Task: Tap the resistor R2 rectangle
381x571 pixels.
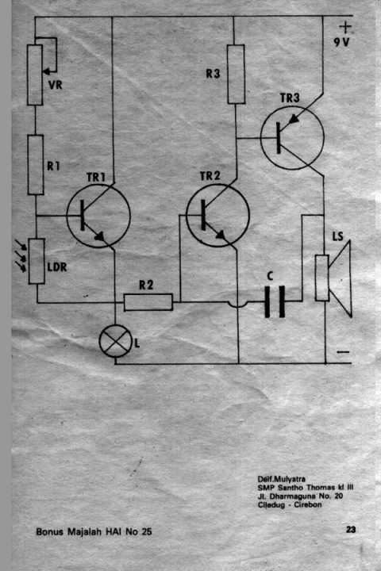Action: pyautogui.click(x=148, y=302)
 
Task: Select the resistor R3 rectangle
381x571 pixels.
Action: pyautogui.click(x=236, y=75)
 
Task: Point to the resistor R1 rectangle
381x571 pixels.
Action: pyautogui.click(x=36, y=165)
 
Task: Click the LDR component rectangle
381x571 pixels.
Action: pyautogui.click(x=37, y=261)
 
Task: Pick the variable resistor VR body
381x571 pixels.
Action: pyautogui.click(x=35, y=75)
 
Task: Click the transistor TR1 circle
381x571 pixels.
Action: pyautogui.click(x=98, y=216)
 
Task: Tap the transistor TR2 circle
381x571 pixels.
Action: pyautogui.click(x=217, y=215)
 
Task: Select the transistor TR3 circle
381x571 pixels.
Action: pyautogui.click(x=292, y=138)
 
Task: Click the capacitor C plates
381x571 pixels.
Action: pyautogui.click(x=275, y=302)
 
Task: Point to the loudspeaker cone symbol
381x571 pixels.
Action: pyautogui.click(x=341, y=278)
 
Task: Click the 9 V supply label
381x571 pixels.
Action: pyautogui.click(x=341, y=42)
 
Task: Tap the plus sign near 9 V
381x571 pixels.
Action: pyautogui.click(x=345, y=27)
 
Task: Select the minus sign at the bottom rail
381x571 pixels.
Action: pyautogui.click(x=343, y=352)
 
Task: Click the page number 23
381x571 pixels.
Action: pyautogui.click(x=351, y=529)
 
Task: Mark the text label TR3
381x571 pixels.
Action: pyautogui.click(x=290, y=98)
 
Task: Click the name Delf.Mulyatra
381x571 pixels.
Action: pyautogui.click(x=282, y=479)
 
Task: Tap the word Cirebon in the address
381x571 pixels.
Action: pyautogui.click(x=308, y=504)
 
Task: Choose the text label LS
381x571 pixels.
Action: pyautogui.click(x=337, y=236)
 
